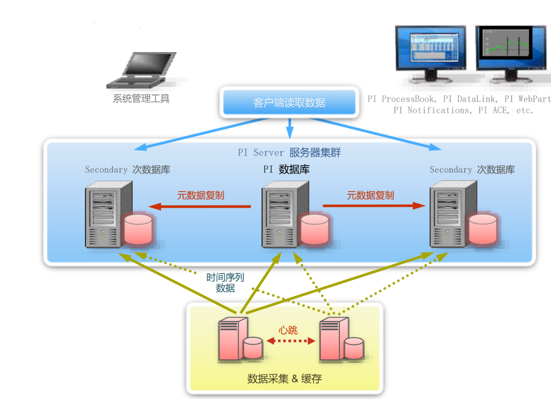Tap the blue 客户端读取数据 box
tap(289, 103)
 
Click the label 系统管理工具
tap(141, 99)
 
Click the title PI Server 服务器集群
tap(289, 153)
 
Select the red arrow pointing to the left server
tap(200, 206)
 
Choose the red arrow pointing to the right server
tap(374, 205)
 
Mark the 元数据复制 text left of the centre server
tap(201, 195)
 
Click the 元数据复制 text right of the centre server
tap(371, 195)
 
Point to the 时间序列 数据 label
tap(225, 283)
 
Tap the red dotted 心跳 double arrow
tap(291, 341)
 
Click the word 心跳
tap(288, 330)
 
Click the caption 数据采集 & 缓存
tap(284, 378)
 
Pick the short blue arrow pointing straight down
tap(289, 130)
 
